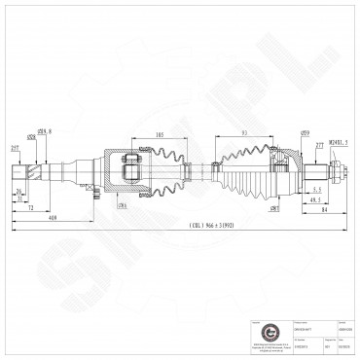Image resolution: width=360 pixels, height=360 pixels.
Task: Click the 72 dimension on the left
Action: tap(31, 208)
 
